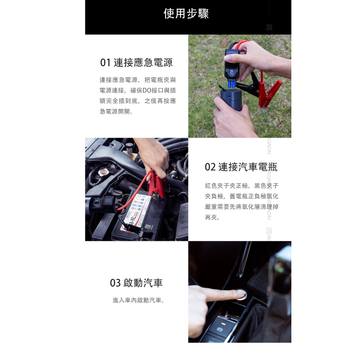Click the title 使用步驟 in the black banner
click(186, 14)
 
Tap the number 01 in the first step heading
click(105, 63)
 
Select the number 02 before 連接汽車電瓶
click(210, 167)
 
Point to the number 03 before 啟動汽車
click(115, 283)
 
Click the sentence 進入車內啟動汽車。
click(139, 300)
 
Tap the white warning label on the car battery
click(137, 211)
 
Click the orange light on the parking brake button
click(222, 330)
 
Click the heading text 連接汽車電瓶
click(248, 167)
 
